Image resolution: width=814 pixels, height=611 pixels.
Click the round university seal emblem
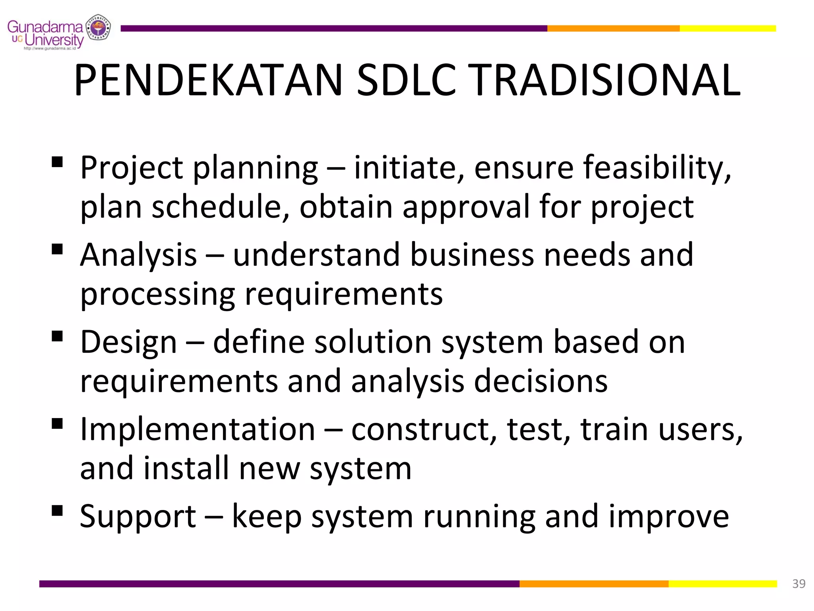click(x=98, y=27)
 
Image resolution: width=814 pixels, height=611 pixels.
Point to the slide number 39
click(x=798, y=584)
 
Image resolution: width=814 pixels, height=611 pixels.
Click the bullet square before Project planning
click(x=57, y=162)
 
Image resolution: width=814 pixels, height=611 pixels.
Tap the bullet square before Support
click(x=57, y=510)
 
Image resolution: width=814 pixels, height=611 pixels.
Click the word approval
click(x=466, y=207)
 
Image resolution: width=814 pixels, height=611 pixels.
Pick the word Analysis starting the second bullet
click(x=138, y=255)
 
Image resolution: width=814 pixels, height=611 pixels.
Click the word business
click(x=472, y=255)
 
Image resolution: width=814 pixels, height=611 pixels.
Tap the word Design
click(x=128, y=342)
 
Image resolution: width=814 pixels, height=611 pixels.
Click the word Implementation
click(x=198, y=429)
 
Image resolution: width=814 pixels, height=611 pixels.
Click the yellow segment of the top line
click(x=727, y=28)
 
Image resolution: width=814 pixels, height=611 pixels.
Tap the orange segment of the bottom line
click(x=594, y=584)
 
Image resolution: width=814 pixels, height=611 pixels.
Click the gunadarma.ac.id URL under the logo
click(x=50, y=49)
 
